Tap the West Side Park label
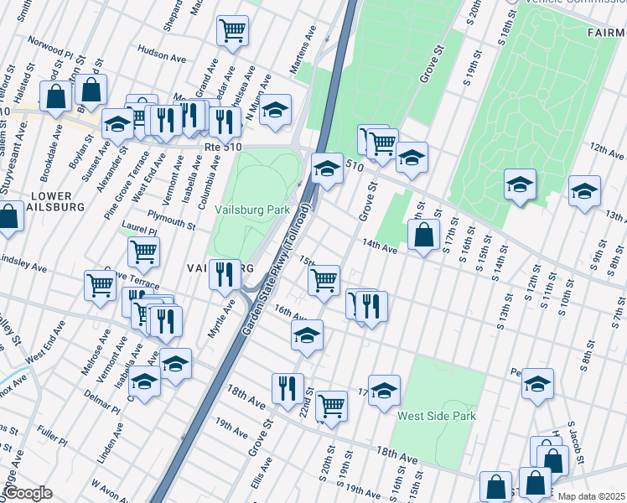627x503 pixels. [436, 416]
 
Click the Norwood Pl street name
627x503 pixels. [51, 40]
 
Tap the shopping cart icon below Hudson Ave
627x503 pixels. [232, 30]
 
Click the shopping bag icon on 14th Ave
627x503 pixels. [424, 236]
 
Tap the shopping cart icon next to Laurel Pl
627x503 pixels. [144, 250]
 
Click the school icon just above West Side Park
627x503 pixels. [384, 390]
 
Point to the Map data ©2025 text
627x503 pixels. [590, 496]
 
